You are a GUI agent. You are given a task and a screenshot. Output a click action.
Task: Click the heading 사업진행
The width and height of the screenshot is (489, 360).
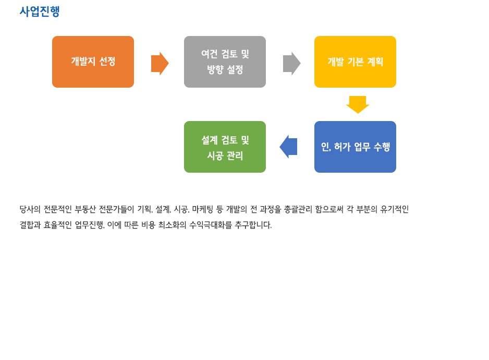coord(40,11)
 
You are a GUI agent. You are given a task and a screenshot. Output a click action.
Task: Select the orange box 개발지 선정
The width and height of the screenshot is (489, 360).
coord(93,62)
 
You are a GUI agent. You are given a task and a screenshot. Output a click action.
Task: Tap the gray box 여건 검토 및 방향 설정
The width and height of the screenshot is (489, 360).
coord(225,62)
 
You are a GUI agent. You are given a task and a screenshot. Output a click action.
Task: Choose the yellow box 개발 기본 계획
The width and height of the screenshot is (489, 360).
coord(355,62)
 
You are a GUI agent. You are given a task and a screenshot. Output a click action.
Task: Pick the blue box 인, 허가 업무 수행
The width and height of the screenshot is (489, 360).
coord(355,147)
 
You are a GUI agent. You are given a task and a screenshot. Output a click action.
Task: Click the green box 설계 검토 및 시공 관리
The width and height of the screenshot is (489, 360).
coord(225,147)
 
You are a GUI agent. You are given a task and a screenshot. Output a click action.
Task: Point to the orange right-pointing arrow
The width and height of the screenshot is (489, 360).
coord(160,63)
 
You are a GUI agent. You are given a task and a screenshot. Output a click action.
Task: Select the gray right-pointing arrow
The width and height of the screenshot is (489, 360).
coord(291,63)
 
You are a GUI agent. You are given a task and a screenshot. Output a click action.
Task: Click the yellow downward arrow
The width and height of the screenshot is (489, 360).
coord(358,104)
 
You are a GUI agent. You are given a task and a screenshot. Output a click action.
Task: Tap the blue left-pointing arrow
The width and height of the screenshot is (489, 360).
coord(288,147)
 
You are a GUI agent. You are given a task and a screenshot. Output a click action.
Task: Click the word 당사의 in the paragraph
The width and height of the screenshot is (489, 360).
coord(30,209)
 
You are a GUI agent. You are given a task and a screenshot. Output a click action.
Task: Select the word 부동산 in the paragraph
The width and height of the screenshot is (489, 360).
coord(85,209)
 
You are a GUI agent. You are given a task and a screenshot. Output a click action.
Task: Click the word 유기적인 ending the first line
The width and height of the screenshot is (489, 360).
coord(394,209)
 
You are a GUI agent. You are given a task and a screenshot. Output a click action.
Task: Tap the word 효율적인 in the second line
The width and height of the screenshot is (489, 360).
coord(57,225)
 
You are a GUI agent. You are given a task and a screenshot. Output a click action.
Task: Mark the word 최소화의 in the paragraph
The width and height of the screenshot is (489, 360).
coord(172,225)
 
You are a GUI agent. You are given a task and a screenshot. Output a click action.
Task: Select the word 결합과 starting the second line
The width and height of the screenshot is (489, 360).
coord(30,225)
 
